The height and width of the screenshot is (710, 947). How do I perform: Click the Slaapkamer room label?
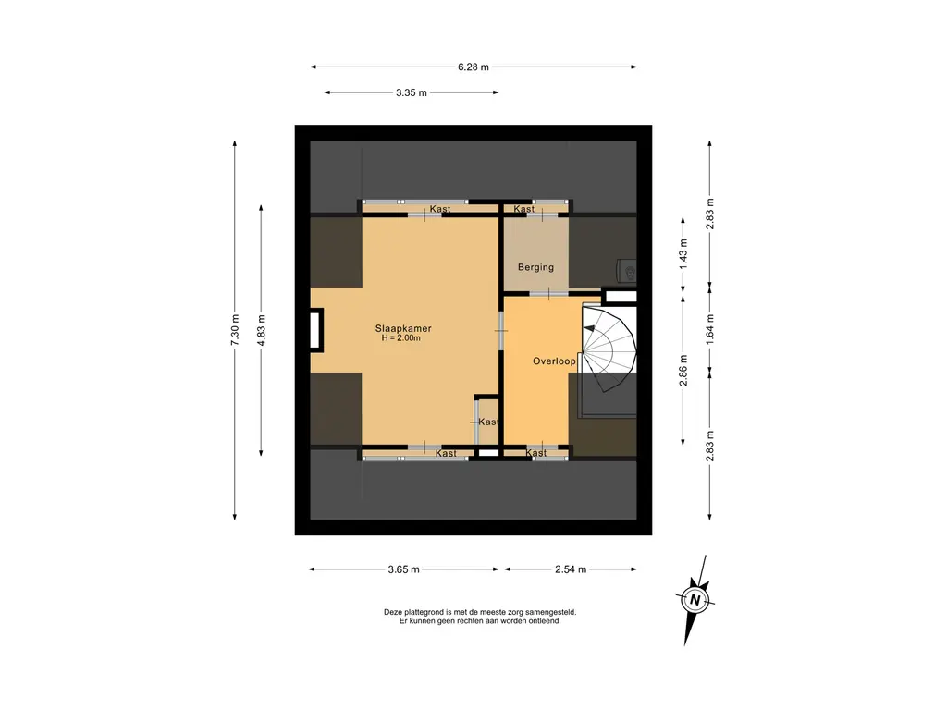coord(403,328)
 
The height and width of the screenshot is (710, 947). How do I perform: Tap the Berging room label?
coord(535,267)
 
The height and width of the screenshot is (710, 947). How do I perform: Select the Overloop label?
coord(554,361)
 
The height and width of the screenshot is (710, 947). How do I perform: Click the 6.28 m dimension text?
coord(473,67)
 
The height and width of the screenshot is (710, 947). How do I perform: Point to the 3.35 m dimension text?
coord(412,92)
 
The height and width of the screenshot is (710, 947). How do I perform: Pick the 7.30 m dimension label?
coord(235,330)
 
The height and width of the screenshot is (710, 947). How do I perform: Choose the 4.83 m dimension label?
coord(261,330)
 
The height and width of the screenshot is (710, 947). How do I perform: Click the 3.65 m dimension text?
coord(403,569)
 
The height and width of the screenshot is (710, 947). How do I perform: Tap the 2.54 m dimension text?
coord(571,569)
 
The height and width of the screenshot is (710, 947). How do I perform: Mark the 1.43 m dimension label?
coord(683,254)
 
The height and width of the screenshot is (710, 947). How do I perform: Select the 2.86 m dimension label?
coord(683,370)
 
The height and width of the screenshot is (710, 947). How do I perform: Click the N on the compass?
coord(695,600)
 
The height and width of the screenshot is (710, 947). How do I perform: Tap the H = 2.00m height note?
coord(401,338)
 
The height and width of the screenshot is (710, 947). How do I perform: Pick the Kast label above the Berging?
coord(523,209)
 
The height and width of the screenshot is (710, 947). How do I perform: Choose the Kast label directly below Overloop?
coord(535,453)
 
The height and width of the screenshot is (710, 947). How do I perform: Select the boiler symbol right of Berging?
coord(627,271)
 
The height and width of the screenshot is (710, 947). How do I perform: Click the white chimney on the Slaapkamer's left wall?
coord(316,330)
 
